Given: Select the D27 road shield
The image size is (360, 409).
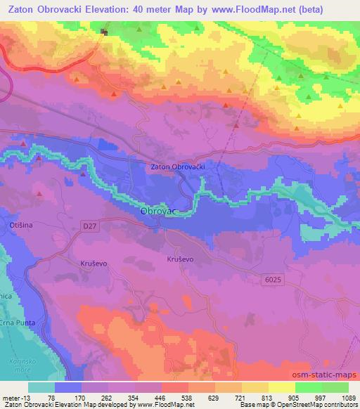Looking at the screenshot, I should coord(88,226).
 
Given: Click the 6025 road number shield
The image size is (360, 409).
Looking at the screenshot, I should coord(275,279).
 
